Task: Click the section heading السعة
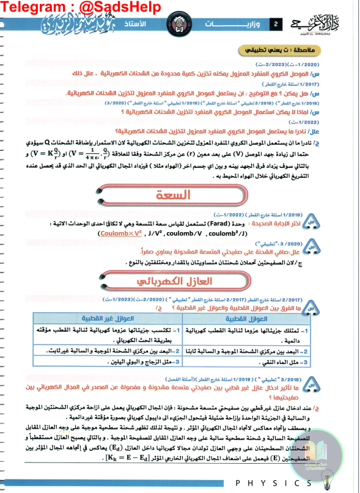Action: pyautogui.click(x=178, y=194)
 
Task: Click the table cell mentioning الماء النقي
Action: pyautogui.click(x=269, y=363)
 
